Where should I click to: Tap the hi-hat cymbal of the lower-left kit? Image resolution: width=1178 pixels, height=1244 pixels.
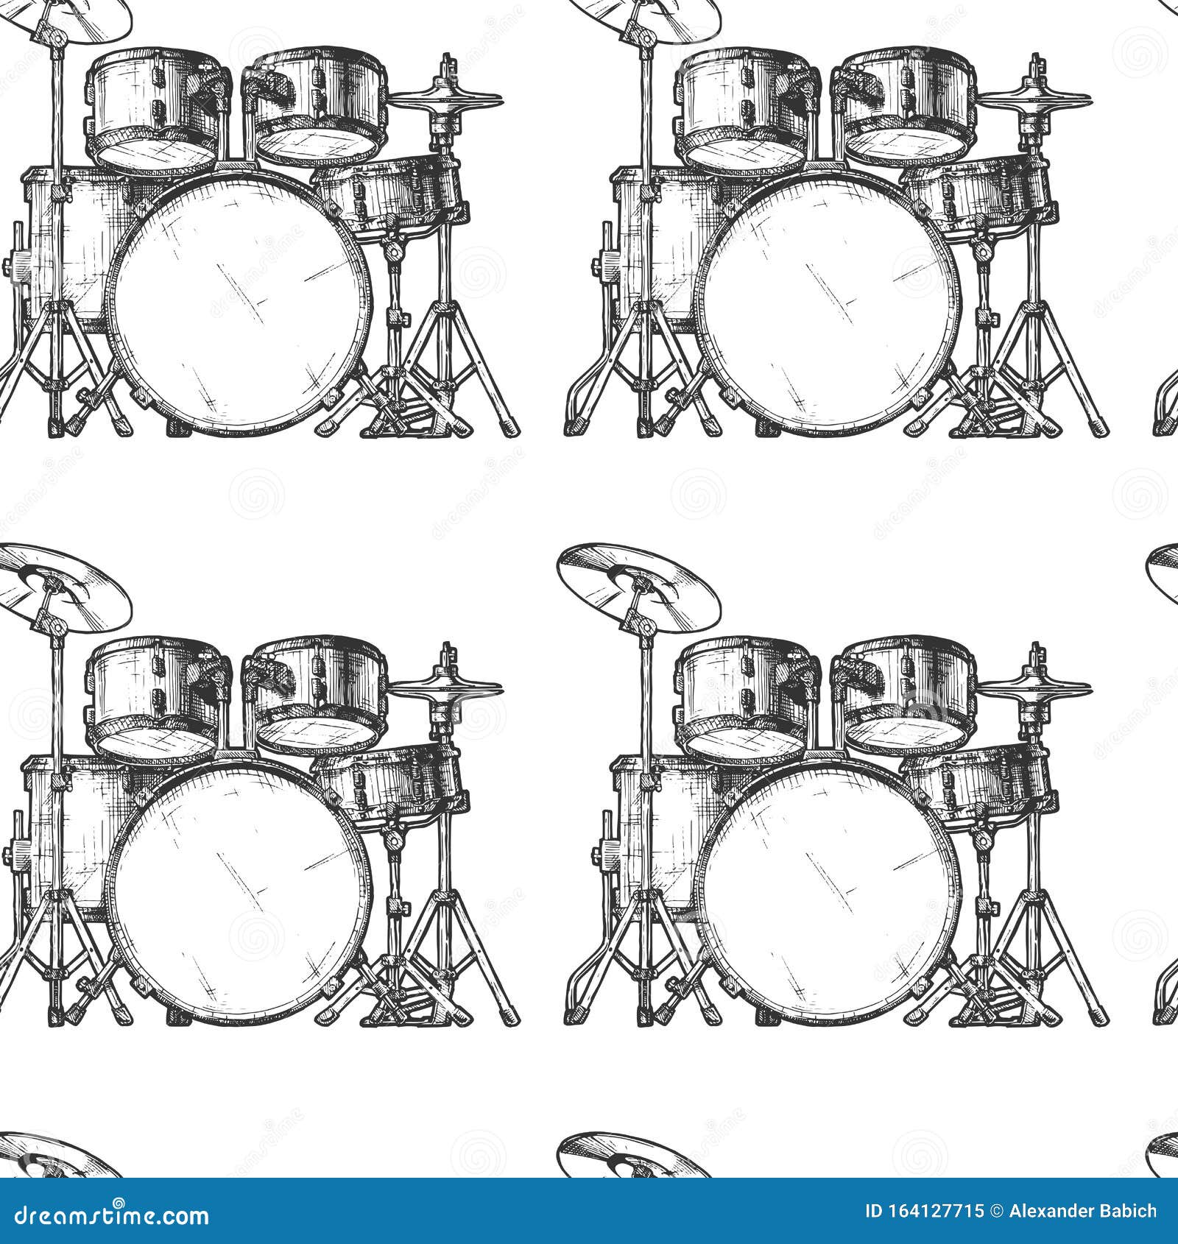pos(445,686)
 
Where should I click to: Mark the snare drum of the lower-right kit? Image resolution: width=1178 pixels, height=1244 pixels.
pos(979,782)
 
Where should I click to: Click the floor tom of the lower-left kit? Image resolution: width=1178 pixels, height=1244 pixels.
pos(70,832)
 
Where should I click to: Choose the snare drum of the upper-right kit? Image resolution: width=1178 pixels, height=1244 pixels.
pos(979,193)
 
